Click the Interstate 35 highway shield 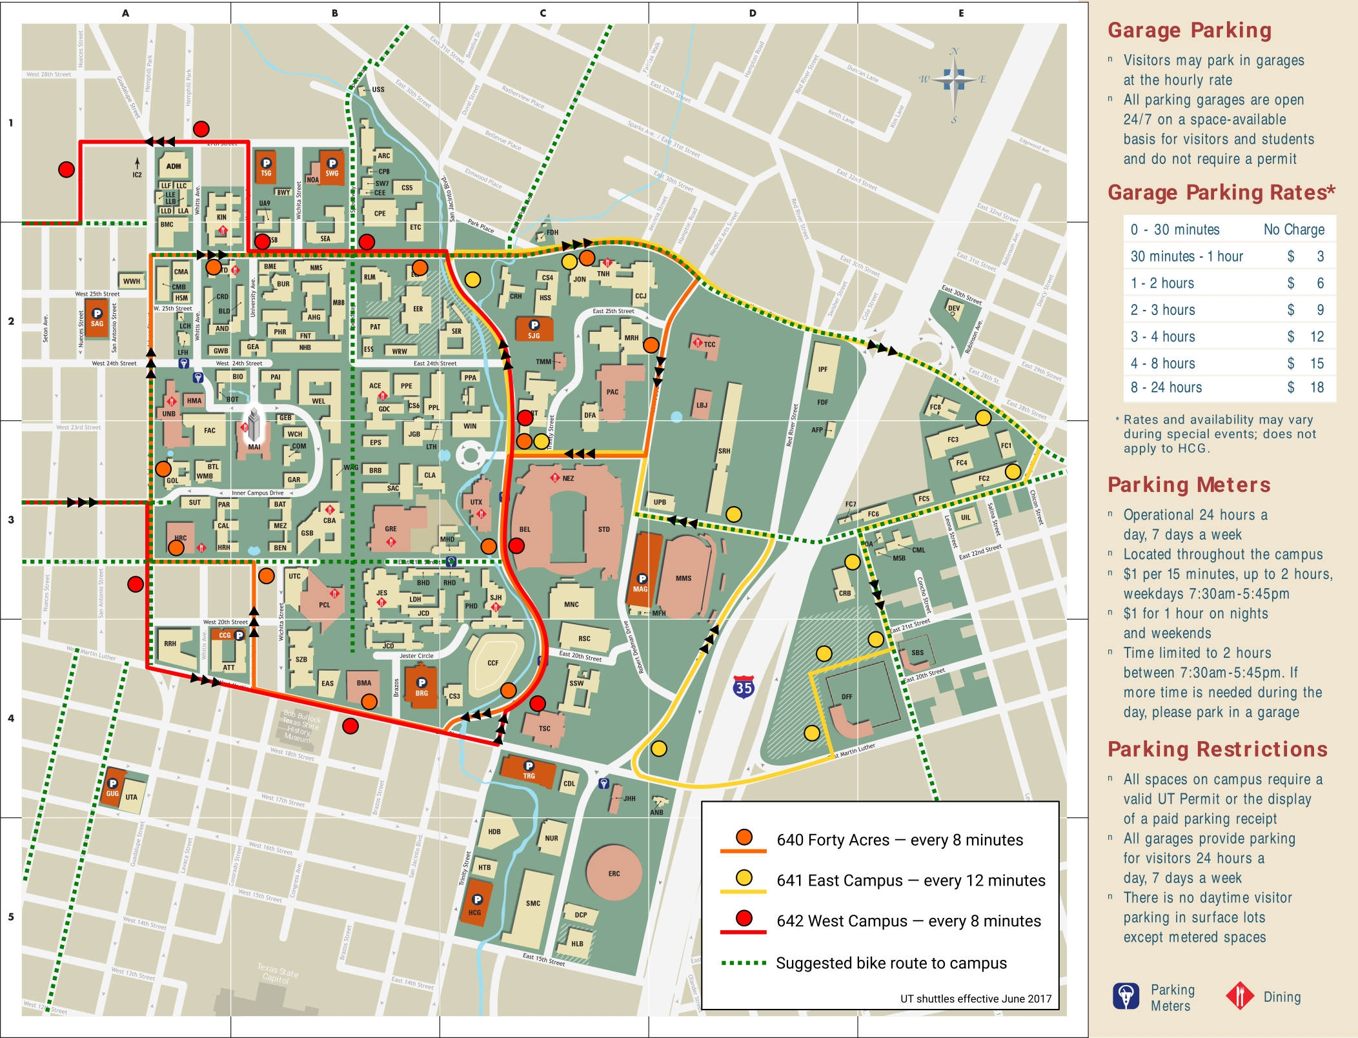744,687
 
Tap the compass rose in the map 953,81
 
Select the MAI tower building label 254,446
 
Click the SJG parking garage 534,329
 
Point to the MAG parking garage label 640,589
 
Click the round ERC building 614,873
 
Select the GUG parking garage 113,788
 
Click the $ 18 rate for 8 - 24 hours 1310,387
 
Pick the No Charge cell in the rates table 1293,229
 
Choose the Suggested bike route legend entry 891,963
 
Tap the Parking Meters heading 1189,485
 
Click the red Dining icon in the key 1239,996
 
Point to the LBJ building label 702,405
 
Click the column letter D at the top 753,13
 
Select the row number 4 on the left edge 10,718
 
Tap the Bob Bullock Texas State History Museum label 301,727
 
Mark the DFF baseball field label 847,697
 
